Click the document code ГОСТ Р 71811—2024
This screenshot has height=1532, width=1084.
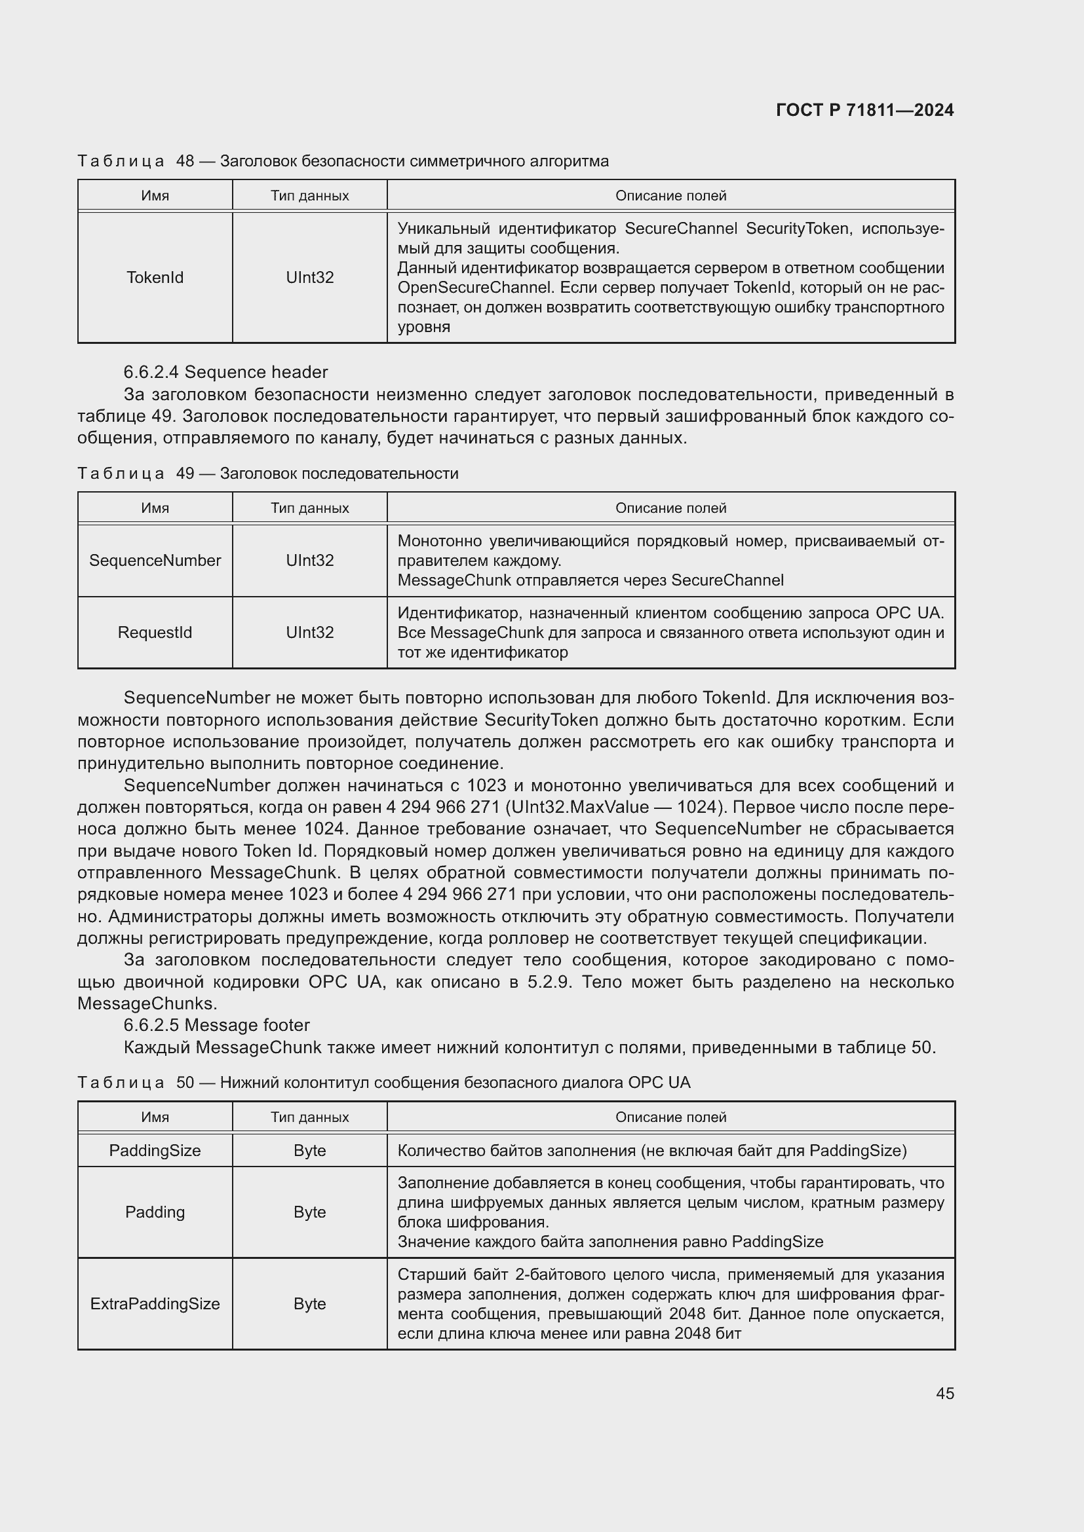[864, 110]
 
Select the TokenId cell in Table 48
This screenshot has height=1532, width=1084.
[155, 278]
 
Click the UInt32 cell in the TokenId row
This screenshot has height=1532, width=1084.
[310, 278]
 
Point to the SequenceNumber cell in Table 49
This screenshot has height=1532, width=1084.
[155, 561]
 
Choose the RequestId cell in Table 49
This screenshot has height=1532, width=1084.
[155, 633]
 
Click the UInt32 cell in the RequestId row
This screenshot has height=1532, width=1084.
[310, 633]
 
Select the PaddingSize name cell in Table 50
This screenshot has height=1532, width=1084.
[155, 1150]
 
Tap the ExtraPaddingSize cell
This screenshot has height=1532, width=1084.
[155, 1303]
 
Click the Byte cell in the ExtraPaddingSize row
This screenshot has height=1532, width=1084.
[310, 1303]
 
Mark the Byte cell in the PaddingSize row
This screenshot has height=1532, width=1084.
[310, 1150]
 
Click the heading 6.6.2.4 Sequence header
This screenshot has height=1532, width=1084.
[225, 372]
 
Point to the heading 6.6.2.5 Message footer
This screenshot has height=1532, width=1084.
[216, 1025]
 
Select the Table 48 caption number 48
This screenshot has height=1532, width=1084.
[185, 162]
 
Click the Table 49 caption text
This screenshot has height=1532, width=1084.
[338, 474]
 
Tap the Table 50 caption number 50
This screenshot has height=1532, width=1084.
[185, 1082]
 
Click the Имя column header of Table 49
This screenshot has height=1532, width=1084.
[155, 508]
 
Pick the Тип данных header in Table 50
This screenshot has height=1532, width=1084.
[310, 1117]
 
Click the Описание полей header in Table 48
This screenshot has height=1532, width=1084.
[670, 195]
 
